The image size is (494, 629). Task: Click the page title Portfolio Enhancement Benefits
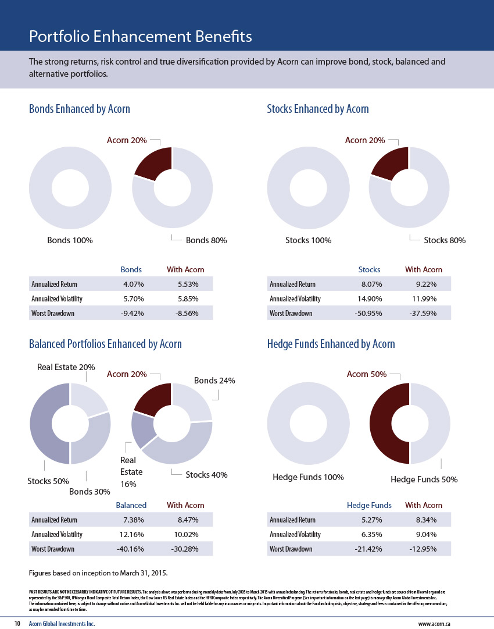pos(140,37)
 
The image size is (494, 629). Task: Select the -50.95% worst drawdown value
pos(370,314)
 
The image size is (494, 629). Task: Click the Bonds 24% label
pos(214,381)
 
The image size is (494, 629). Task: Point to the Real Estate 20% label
pos(66,367)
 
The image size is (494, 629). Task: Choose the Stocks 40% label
pos(206,475)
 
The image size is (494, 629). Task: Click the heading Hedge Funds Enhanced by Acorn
pos(331,344)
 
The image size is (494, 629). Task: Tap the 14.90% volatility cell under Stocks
pos(370,299)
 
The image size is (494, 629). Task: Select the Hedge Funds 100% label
pos(308,478)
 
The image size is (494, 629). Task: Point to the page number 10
pos(17,623)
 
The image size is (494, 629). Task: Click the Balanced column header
pos(131,505)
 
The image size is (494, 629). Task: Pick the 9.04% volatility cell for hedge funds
pos(424,535)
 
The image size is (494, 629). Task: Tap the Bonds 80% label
pos(206,240)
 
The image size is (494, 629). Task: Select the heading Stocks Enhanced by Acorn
pos(317,109)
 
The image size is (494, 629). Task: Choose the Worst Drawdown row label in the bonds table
pos(53,314)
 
